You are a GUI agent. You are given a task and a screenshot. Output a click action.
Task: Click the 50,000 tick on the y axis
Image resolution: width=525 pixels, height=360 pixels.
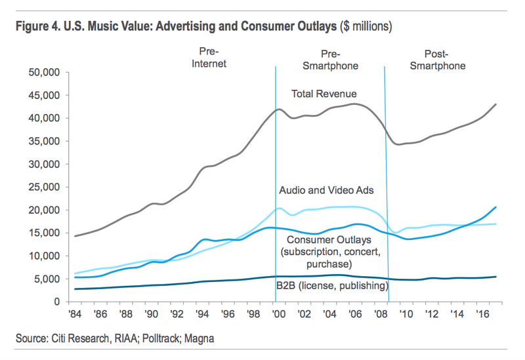click(x=45, y=71)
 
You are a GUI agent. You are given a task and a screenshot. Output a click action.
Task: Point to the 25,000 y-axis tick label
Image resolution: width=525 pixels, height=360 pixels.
click(x=45, y=187)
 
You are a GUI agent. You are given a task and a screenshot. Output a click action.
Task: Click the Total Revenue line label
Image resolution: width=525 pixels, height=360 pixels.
click(x=324, y=94)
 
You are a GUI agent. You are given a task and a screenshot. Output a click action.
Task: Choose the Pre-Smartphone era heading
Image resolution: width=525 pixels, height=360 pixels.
click(x=339, y=60)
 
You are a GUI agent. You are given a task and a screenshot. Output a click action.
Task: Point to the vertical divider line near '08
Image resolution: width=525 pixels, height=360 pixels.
click(x=387, y=197)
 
